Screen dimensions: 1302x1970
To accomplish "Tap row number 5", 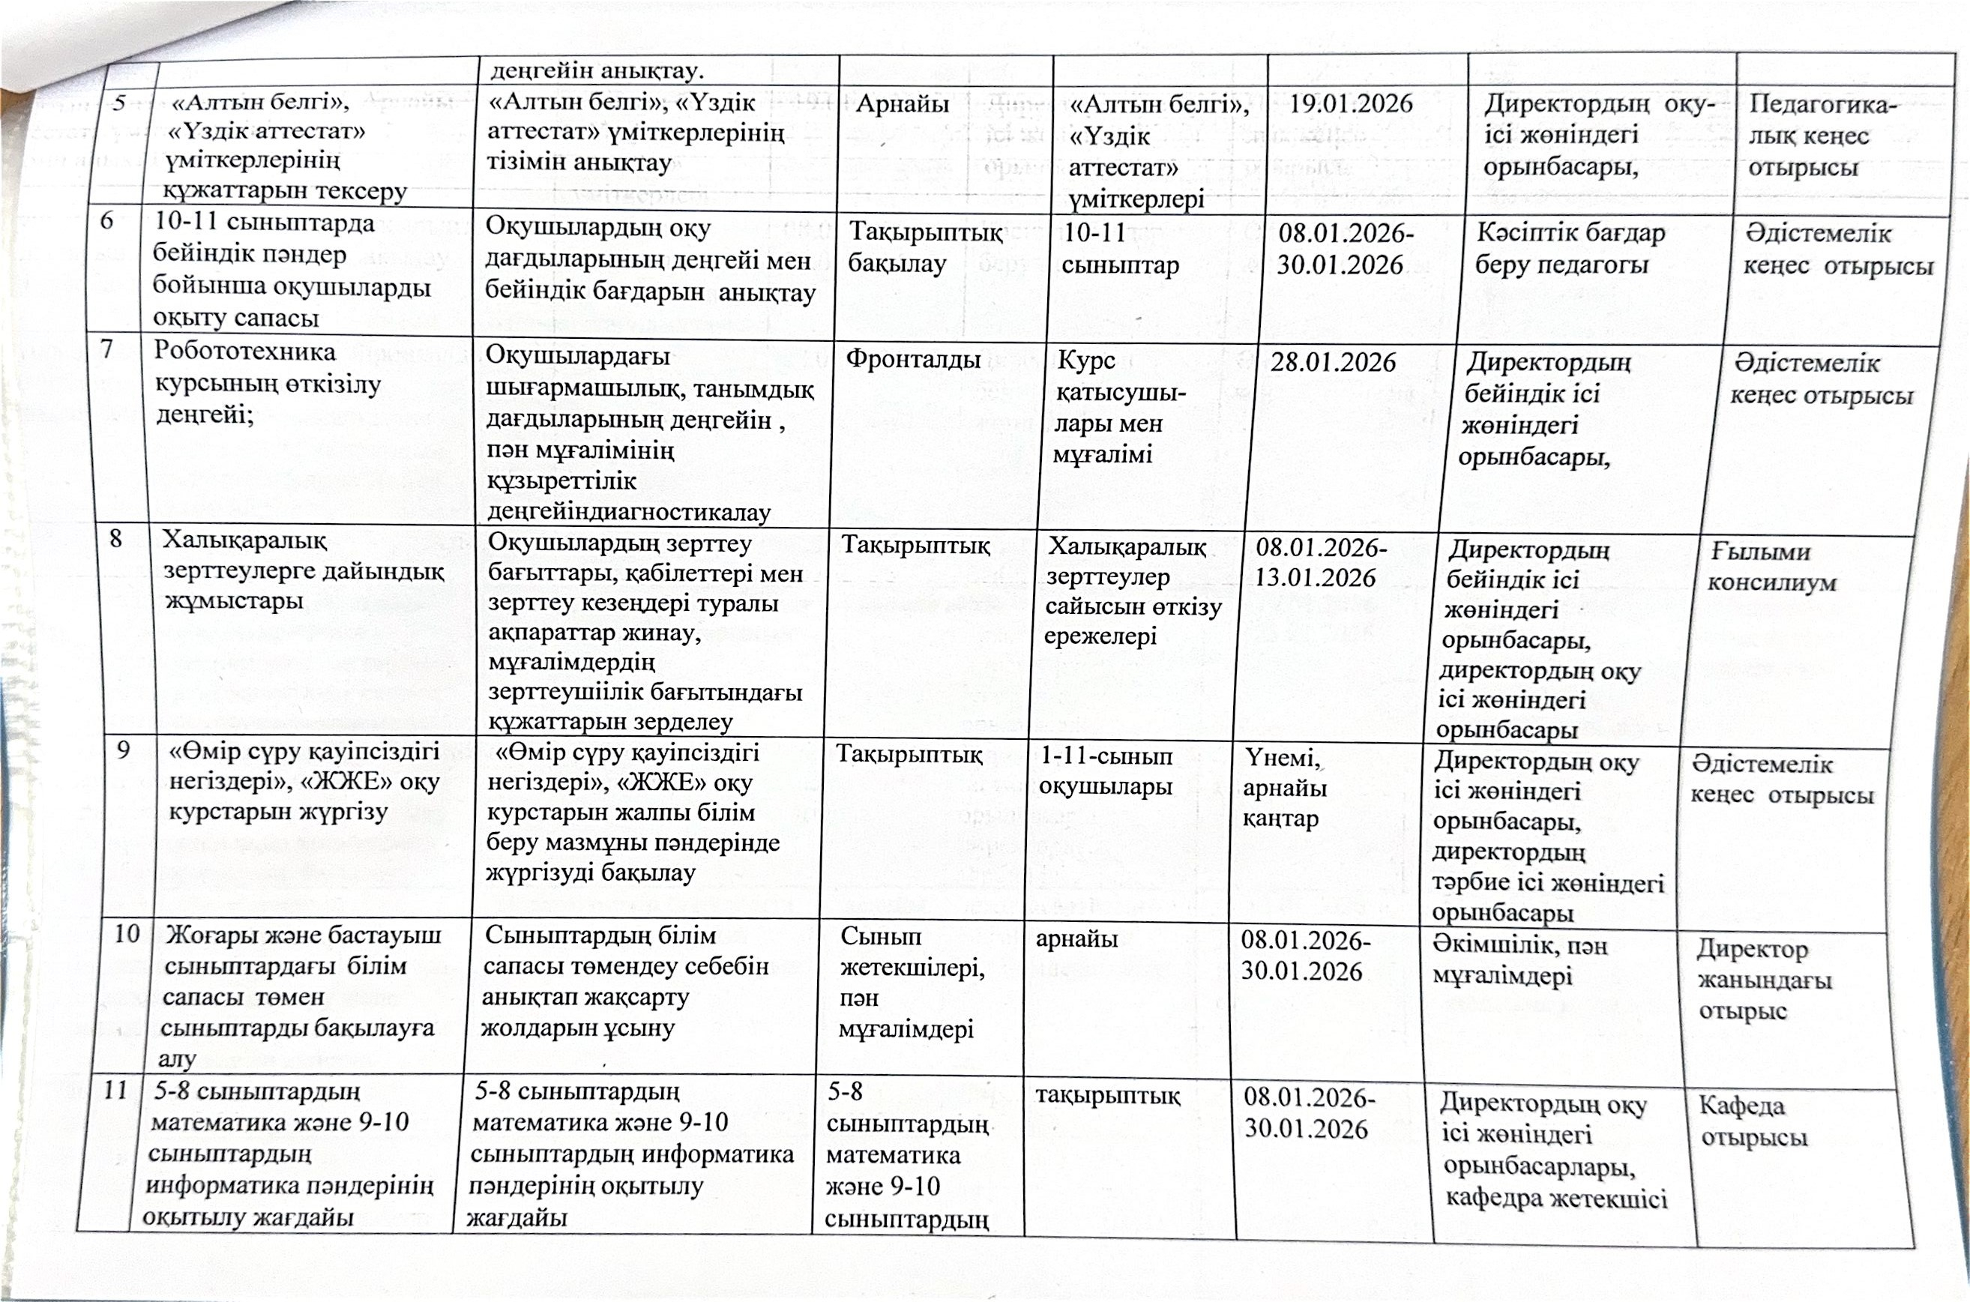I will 119,103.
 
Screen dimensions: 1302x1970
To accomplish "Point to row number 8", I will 116,539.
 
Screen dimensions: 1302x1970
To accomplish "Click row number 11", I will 114,1089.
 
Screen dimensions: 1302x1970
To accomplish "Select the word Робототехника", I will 245,352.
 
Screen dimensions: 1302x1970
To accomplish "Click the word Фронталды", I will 913,360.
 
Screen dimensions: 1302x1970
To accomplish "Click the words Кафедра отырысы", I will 1753,1121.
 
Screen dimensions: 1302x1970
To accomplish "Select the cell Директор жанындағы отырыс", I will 1763,980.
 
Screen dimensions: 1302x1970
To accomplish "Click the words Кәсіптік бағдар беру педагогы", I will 1569,249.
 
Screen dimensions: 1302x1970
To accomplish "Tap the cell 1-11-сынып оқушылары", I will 1106,771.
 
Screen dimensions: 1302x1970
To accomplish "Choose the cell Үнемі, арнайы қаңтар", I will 1283,788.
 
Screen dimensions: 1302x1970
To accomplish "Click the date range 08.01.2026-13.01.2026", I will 1320,563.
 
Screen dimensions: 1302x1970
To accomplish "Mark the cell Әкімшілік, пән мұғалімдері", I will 1519,960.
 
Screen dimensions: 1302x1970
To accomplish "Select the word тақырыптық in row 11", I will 1107,1096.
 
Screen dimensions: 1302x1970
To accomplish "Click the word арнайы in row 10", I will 1076,939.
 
